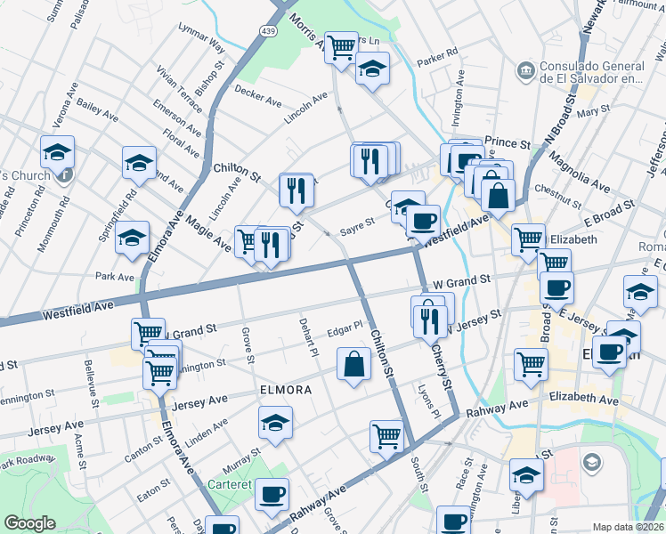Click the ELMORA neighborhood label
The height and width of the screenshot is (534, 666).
coord(285,390)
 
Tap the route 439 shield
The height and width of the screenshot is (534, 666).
coord(268,31)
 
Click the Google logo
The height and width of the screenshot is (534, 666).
coord(29,522)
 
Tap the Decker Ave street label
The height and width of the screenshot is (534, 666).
coord(257,92)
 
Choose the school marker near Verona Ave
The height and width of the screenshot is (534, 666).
coord(57,152)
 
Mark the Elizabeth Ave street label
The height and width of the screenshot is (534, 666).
coord(583,400)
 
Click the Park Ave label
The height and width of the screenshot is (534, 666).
coord(115,277)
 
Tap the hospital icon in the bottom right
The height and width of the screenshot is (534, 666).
coord(591,462)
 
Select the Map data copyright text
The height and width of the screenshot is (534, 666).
coord(628,527)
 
